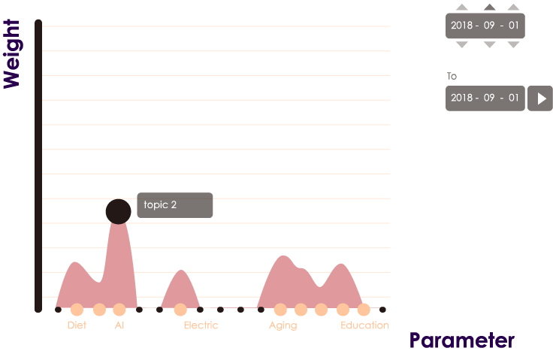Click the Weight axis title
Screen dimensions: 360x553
click(x=11, y=54)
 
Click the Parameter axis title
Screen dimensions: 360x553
click(x=461, y=340)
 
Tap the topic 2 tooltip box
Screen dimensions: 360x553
click(x=175, y=205)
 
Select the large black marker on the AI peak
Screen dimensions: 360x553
click(x=118, y=211)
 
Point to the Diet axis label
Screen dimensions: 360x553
click(x=77, y=325)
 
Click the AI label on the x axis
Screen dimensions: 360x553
click(x=119, y=325)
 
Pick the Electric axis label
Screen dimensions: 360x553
click(x=201, y=325)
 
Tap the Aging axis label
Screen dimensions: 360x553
click(x=283, y=325)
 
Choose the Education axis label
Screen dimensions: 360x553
click(x=364, y=325)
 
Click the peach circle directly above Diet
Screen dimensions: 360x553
click(x=77, y=310)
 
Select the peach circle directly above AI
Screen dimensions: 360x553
click(x=119, y=310)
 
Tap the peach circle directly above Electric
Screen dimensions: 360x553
click(x=180, y=310)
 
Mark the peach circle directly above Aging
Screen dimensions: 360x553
click(x=281, y=310)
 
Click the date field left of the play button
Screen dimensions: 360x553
click(x=485, y=98)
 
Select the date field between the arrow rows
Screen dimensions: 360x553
click(x=485, y=26)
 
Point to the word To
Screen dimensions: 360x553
click(x=452, y=76)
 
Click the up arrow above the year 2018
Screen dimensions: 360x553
click(x=463, y=8)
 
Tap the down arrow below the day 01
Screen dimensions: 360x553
click(x=513, y=44)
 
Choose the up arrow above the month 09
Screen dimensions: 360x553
click(x=489, y=8)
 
